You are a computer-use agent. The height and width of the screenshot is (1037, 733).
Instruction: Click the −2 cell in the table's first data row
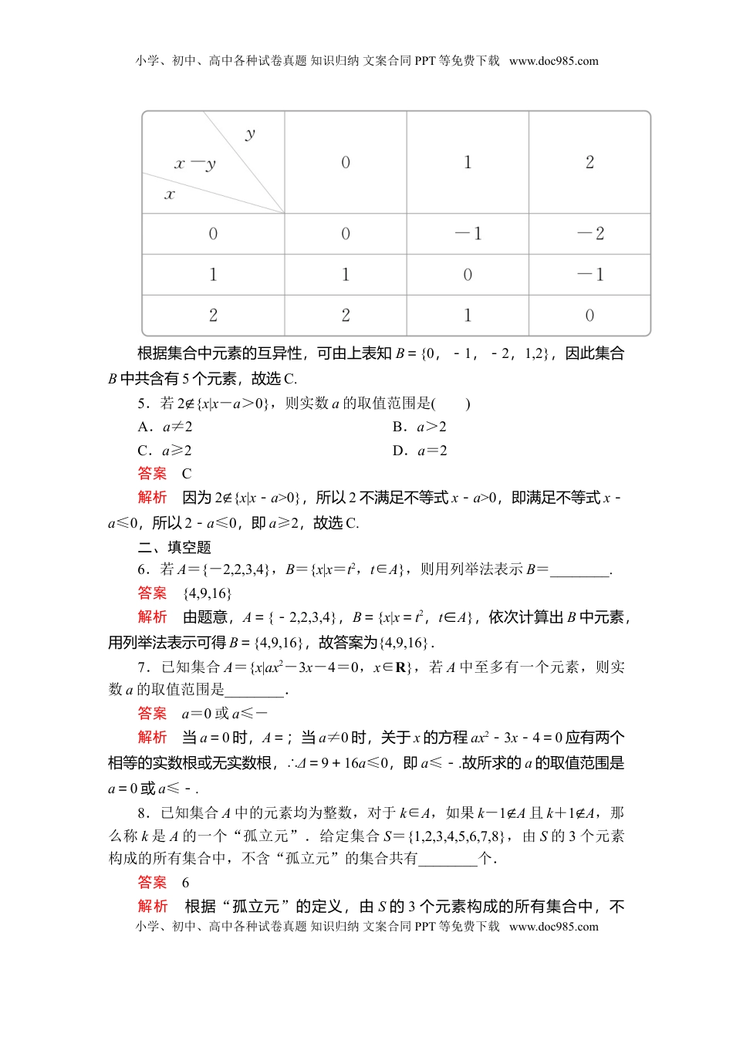point(590,234)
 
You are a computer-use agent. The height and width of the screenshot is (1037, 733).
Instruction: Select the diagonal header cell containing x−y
point(213,163)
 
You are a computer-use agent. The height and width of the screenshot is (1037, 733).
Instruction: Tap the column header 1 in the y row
point(468,162)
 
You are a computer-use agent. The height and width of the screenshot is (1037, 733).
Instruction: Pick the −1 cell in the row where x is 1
point(590,275)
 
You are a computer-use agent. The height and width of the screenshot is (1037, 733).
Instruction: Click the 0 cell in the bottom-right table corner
point(590,316)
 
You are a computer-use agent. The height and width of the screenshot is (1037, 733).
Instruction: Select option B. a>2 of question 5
point(420,427)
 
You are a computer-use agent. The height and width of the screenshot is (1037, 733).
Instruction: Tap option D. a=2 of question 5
point(420,451)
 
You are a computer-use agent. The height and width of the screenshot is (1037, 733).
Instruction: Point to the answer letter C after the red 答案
point(187,474)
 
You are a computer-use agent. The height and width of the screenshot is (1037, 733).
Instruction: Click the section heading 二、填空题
point(174,547)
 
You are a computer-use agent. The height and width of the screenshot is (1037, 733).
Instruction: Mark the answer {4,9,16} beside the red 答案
point(207,593)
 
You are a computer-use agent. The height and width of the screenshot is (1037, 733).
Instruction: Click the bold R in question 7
point(401,667)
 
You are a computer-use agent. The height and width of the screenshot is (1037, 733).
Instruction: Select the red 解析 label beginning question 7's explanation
point(152,738)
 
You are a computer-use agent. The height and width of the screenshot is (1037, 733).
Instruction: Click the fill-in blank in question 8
point(448,860)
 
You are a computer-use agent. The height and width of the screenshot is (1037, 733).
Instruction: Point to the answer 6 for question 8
point(185,883)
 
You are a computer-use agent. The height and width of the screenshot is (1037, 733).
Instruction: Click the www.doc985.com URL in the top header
point(554,61)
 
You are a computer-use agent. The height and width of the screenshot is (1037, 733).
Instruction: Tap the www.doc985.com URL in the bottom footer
point(554,927)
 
